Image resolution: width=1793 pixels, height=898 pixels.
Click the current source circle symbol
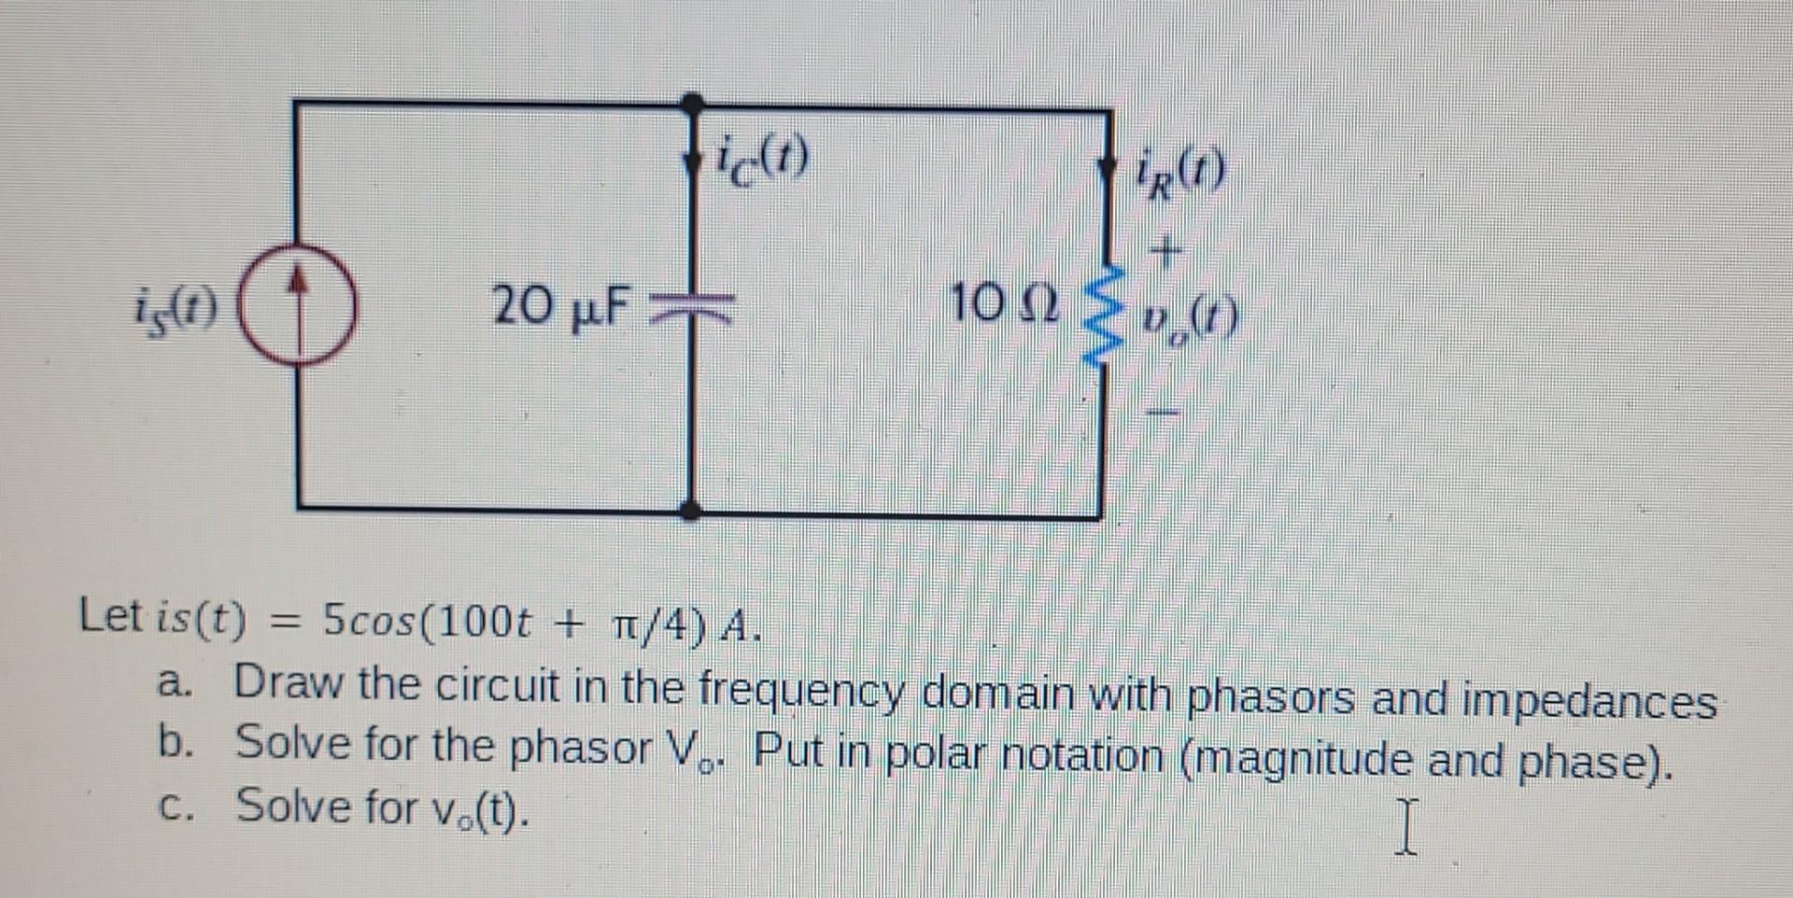coord(298,303)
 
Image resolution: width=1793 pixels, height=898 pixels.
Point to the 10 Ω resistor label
coord(1004,304)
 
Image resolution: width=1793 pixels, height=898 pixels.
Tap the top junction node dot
coord(692,102)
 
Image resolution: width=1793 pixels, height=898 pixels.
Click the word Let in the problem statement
coord(111,617)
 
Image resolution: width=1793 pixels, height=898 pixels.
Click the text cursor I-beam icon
coord(1407,825)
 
